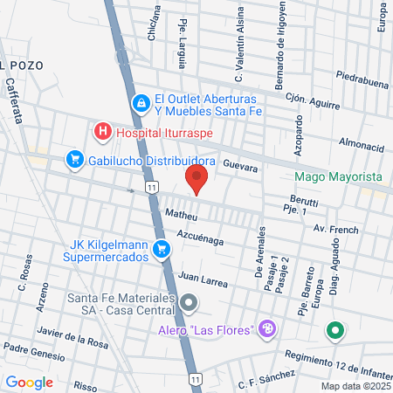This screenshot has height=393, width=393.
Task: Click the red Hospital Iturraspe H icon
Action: [102, 133]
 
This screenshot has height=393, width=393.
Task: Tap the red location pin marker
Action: [196, 180]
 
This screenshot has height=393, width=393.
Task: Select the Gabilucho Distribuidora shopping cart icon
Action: [74, 161]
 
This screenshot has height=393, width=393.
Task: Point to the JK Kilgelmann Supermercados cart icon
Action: [161, 251]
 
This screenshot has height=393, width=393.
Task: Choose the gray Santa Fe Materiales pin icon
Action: [190, 304]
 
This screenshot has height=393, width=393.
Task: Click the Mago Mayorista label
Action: [339, 176]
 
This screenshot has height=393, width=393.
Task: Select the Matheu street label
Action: [182, 214]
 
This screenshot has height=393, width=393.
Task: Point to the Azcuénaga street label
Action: [206, 238]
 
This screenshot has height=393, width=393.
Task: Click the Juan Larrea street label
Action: [202, 279]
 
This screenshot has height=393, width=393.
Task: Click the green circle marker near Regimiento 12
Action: [334, 331]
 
